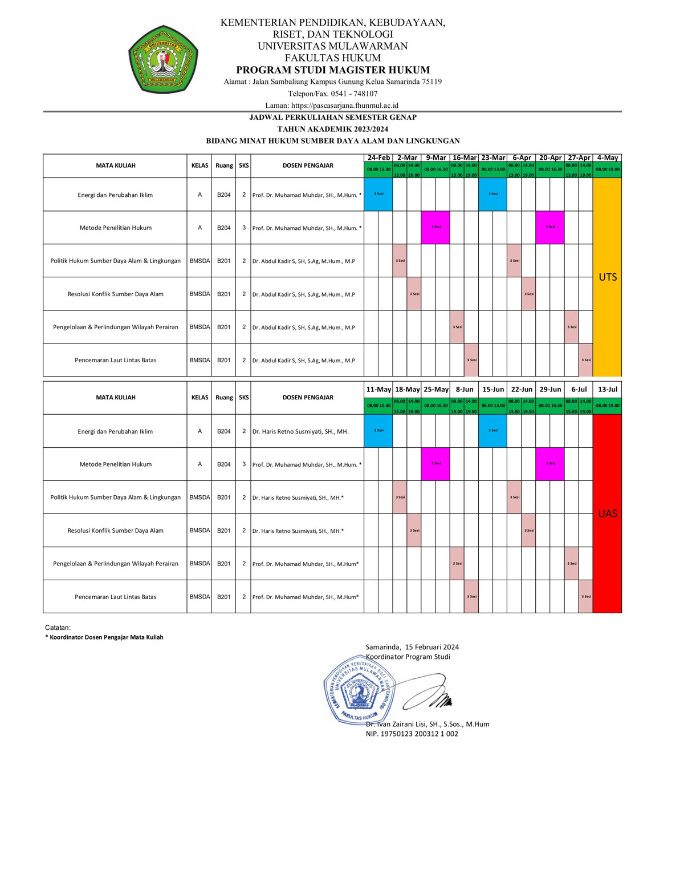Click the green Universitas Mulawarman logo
tap(163, 59)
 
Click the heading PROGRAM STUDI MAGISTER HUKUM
tap(333, 70)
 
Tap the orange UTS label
tap(608, 277)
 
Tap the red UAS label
tap(608, 513)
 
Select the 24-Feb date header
tap(378, 158)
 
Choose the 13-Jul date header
tap(608, 390)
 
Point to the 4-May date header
tap(608, 158)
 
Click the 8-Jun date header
tap(465, 390)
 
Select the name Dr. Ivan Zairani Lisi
tap(427, 724)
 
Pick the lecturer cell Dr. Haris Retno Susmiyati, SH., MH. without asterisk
tap(300, 432)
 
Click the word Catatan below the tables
tap(58, 628)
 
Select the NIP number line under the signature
tap(412, 734)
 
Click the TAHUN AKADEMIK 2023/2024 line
tap(333, 129)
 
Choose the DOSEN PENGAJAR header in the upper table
tap(308, 165)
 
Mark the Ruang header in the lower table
tap(224, 398)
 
